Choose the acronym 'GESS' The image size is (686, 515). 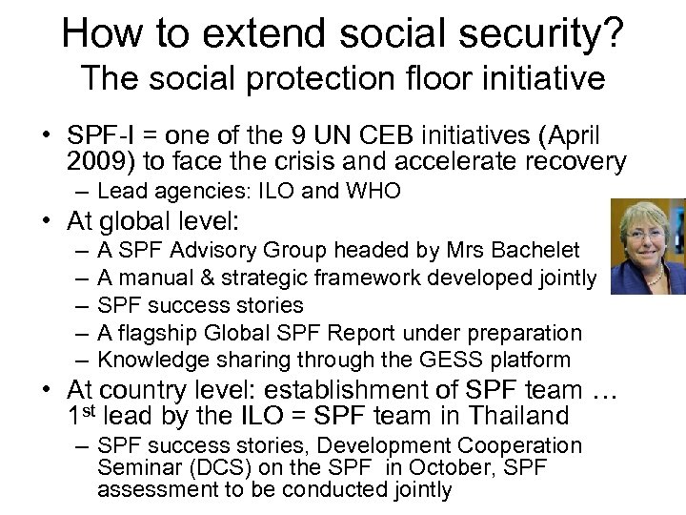point(434,360)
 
